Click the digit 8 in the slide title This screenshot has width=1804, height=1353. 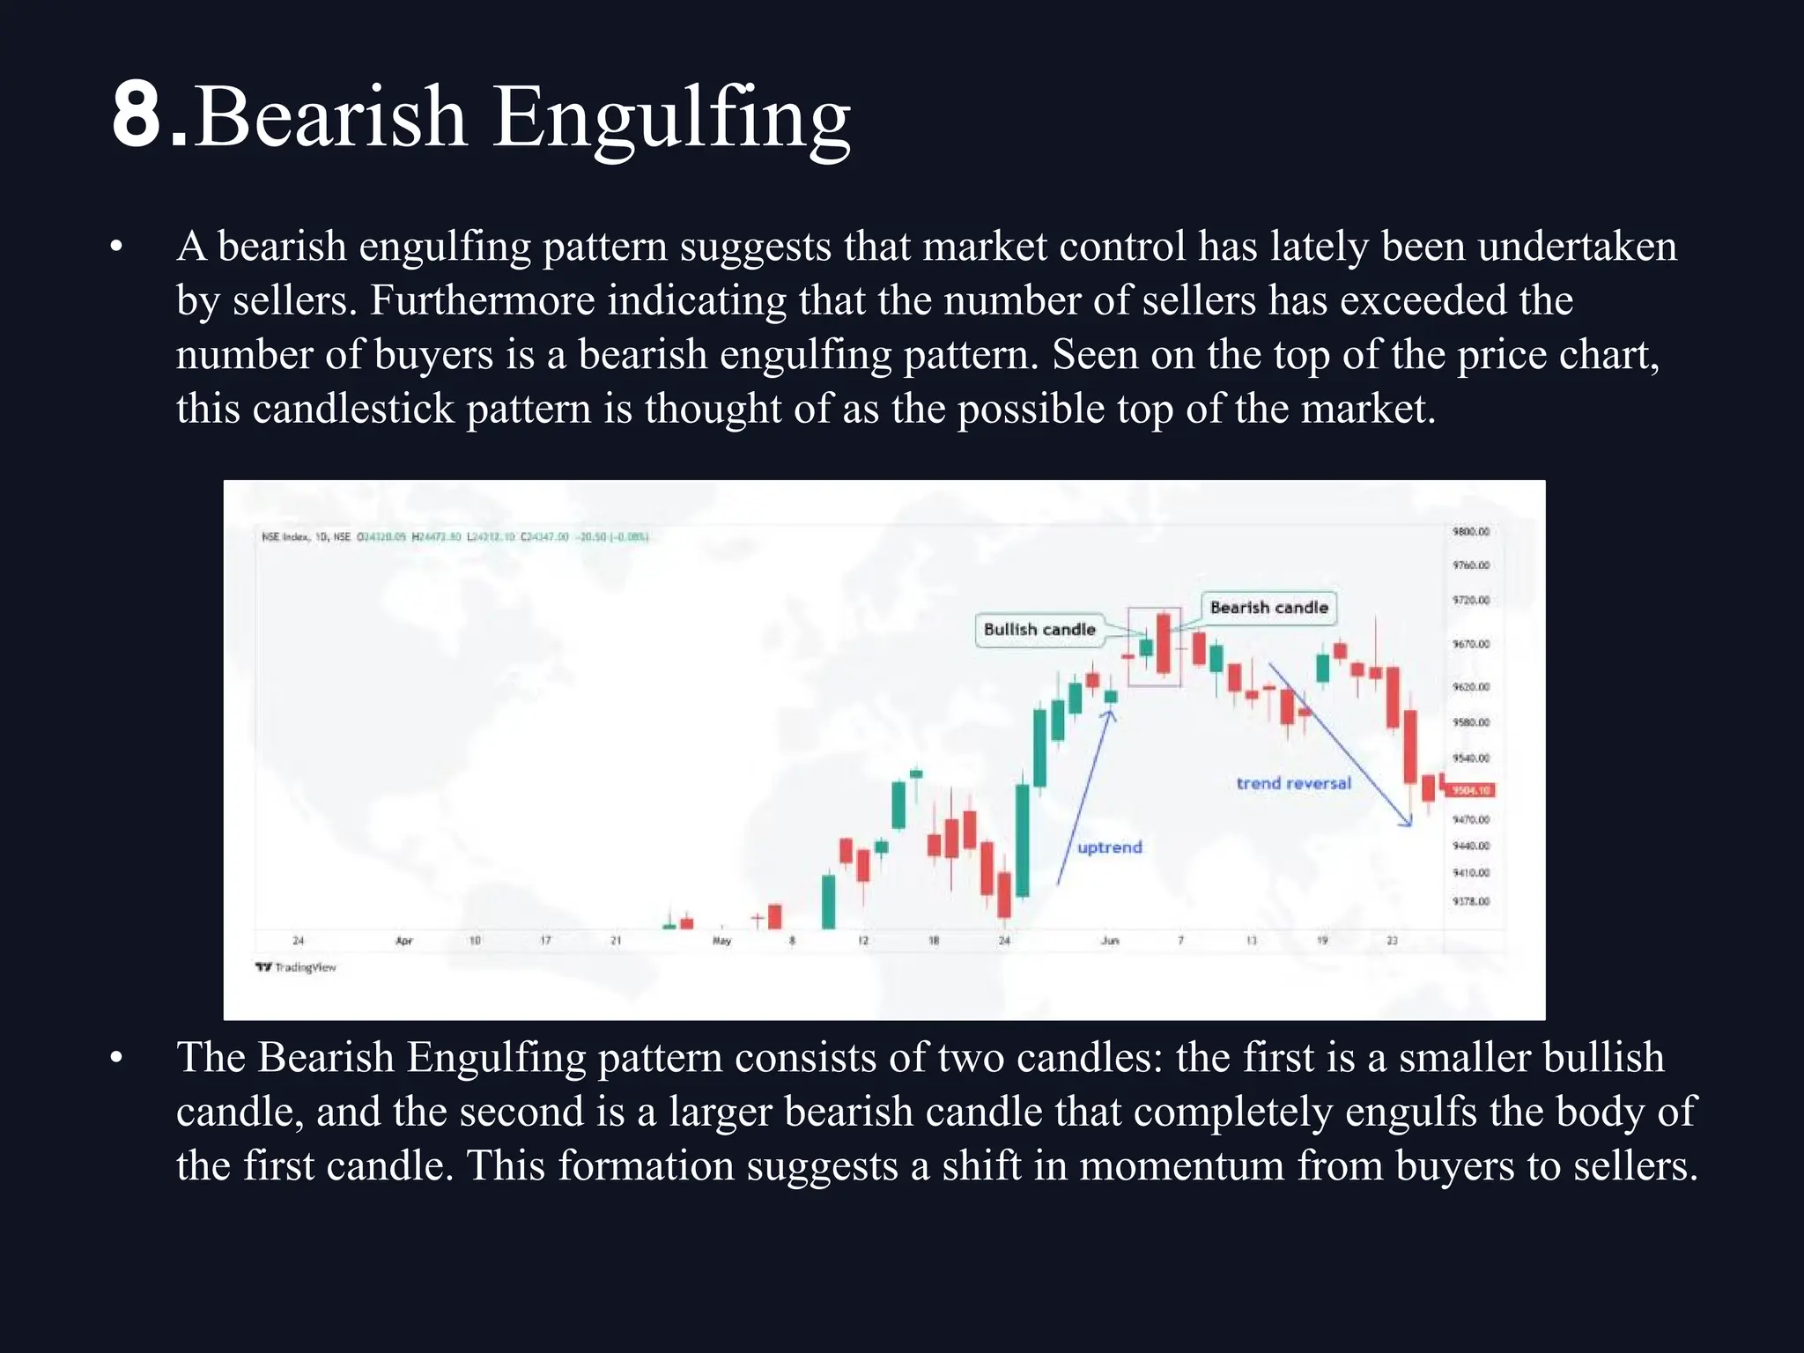(x=138, y=115)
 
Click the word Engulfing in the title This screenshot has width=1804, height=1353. (x=671, y=119)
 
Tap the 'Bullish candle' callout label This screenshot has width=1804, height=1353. (x=1039, y=630)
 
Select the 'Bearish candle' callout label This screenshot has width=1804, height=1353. (x=1268, y=608)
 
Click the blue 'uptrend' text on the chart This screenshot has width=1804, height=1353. (x=1109, y=847)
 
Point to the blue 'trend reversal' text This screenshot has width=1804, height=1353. (x=1293, y=783)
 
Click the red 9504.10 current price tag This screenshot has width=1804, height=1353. (x=1471, y=790)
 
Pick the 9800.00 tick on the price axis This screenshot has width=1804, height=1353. (x=1470, y=532)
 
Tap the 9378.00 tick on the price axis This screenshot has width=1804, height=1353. (x=1470, y=902)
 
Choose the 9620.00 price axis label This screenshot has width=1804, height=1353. (x=1470, y=687)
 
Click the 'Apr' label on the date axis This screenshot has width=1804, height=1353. (x=404, y=941)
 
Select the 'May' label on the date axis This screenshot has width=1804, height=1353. (x=721, y=941)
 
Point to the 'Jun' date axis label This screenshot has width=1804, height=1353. (x=1110, y=941)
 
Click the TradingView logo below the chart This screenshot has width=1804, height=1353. (x=296, y=967)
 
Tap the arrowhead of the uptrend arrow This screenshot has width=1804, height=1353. (x=1110, y=714)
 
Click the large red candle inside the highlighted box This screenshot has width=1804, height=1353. (x=1164, y=644)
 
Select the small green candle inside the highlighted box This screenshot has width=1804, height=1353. (x=1146, y=647)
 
